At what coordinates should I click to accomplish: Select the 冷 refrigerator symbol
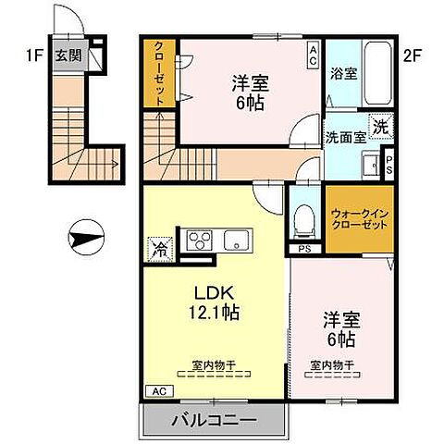[x=159, y=248]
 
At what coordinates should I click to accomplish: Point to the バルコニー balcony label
[x=213, y=422]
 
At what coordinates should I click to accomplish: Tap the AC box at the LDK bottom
[x=157, y=390]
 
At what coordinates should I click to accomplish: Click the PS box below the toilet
[x=303, y=249]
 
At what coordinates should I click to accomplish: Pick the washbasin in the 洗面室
[x=372, y=167]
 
